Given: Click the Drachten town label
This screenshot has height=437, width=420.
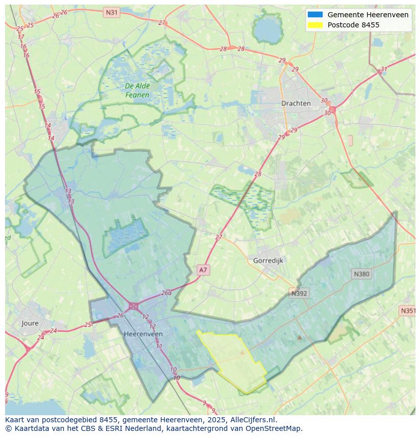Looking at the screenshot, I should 296,103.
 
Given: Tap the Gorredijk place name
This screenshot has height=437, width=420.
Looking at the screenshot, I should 268,260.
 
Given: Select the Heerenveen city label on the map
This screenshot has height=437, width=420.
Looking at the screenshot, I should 144,334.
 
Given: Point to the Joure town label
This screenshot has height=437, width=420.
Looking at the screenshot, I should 30,323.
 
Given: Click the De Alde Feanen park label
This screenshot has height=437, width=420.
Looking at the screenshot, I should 137,90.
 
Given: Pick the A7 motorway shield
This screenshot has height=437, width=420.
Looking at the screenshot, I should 203,270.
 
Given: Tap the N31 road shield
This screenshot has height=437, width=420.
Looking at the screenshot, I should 111,12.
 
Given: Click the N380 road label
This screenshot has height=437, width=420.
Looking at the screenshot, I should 361,274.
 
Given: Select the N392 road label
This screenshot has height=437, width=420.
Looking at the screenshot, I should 299,293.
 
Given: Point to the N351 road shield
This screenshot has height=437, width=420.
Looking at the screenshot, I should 408,311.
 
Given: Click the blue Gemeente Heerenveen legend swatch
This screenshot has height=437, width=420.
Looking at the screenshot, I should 315,15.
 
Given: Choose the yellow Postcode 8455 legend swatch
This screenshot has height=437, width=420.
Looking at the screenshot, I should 315,25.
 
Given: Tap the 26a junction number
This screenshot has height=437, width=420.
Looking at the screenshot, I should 166,293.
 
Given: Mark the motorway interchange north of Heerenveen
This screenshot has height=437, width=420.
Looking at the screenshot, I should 134,306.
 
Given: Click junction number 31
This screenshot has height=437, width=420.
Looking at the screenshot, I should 383,69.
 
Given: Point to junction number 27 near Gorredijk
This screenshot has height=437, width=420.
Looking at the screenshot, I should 219,237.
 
